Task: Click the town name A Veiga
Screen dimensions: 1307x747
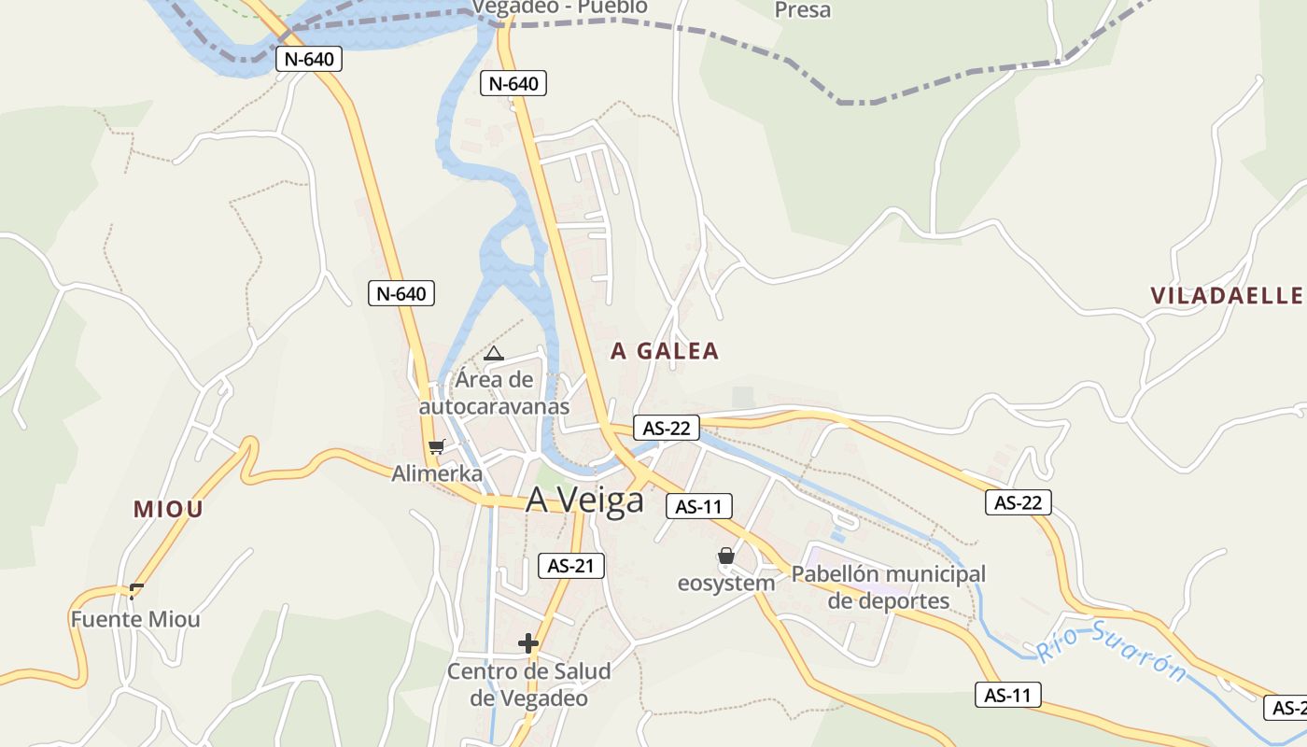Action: pyautogui.click(x=584, y=500)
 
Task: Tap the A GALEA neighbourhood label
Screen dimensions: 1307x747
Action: pyautogui.click(x=665, y=351)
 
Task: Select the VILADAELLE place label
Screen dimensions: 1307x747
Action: pyautogui.click(x=1227, y=296)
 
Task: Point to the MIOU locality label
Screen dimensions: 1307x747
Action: pyautogui.click(x=168, y=509)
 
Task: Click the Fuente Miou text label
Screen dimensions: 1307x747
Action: pyautogui.click(x=135, y=619)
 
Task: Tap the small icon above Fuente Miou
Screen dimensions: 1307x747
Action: pyautogui.click(x=137, y=589)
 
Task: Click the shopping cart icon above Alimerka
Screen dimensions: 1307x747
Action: pyautogui.click(x=436, y=447)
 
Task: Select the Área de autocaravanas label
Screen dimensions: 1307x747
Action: pyautogui.click(x=494, y=393)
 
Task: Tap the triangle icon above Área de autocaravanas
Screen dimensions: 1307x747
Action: pyautogui.click(x=494, y=354)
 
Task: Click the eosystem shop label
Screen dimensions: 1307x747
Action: pyautogui.click(x=726, y=584)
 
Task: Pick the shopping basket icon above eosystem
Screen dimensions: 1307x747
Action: pyautogui.click(x=726, y=557)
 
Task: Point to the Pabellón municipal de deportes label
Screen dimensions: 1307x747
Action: pyautogui.click(x=889, y=587)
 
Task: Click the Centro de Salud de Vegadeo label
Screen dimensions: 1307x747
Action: pyautogui.click(x=528, y=684)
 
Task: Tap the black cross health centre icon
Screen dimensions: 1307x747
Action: pyautogui.click(x=528, y=643)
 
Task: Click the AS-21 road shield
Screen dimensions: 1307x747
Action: pyautogui.click(x=571, y=565)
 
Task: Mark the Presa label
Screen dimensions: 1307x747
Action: pyautogui.click(x=803, y=10)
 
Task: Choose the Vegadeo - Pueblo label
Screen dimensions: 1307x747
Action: pyautogui.click(x=559, y=7)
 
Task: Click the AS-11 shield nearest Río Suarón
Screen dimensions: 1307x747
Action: pyautogui.click(x=1008, y=695)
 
